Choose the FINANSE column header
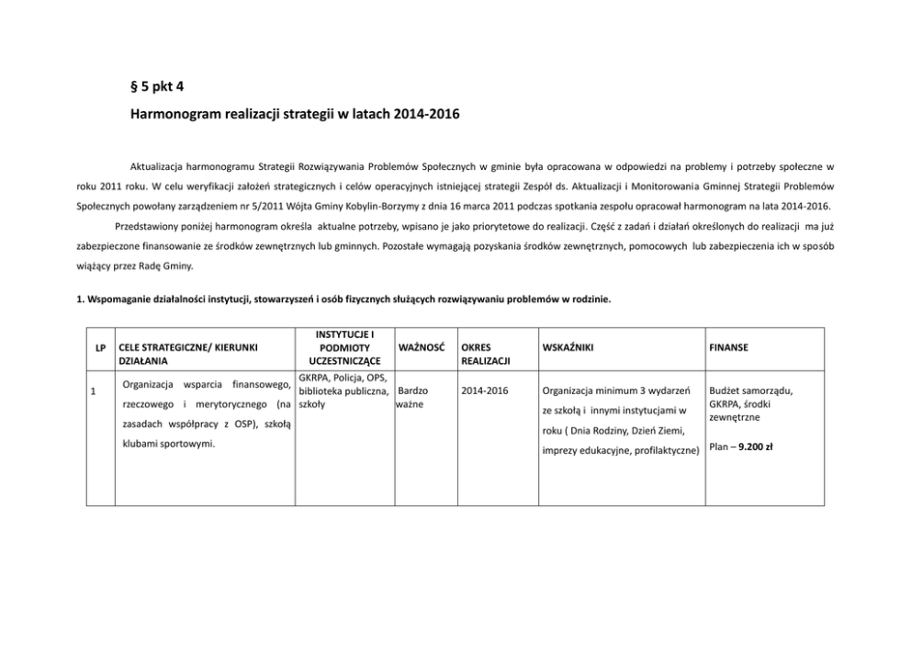(728, 348)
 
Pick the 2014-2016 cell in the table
(485, 390)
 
